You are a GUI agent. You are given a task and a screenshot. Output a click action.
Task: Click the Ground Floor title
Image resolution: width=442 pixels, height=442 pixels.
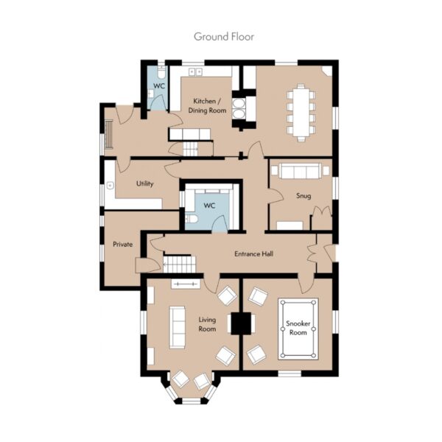coord(224,37)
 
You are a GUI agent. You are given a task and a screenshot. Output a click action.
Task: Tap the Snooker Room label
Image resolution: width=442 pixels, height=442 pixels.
coord(298,328)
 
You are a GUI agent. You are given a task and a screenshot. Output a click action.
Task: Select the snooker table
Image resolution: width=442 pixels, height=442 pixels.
coord(298,329)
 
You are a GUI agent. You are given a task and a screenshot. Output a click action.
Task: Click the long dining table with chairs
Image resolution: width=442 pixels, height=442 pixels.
coord(301,112)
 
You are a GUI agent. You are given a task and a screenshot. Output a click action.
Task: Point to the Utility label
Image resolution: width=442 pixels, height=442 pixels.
coord(145,183)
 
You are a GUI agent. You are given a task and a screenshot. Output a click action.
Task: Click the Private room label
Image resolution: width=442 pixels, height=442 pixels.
coord(122,244)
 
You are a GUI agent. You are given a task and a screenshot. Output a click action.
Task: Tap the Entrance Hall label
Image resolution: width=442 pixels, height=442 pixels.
coord(253,254)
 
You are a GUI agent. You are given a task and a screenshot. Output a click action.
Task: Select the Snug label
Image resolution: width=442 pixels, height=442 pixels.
coord(304,196)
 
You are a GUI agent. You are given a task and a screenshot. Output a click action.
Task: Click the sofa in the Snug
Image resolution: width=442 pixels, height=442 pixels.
coord(301,171)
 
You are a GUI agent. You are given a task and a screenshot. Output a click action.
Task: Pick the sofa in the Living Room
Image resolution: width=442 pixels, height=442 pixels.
coord(177,327)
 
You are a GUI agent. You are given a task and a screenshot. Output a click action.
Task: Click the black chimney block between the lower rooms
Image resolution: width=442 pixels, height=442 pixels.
coord(241,323)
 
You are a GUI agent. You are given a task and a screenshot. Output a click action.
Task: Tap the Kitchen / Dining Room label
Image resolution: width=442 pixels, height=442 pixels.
coord(207,105)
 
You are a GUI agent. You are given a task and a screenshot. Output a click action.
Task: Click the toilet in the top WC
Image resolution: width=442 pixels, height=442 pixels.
coord(161,72)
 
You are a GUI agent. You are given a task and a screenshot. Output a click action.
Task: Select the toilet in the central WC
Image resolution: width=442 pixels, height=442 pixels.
coord(192,219)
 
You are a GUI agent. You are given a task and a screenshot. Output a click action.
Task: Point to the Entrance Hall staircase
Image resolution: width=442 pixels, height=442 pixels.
coord(180,264)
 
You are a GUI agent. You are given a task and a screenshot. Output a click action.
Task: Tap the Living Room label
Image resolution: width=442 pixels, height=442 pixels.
coord(207,324)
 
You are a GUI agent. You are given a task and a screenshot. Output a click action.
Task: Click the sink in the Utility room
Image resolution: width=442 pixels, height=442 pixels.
coord(110,186)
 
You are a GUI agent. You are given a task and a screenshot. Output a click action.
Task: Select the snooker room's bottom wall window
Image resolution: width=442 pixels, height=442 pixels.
coord(290,373)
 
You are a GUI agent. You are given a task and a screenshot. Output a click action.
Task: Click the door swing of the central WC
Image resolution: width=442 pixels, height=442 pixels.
coord(219,222)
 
